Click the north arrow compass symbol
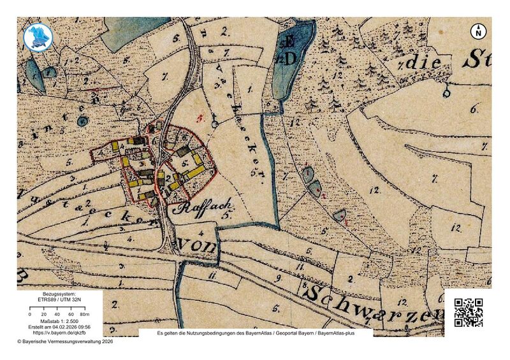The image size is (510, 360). coord(479,31)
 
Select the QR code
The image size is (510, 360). coord(468,312)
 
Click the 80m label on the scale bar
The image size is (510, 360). coord(72,315)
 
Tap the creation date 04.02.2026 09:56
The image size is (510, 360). coord(71,326)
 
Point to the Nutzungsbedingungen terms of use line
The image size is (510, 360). coord(255,333)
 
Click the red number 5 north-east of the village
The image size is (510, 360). coord(200,118)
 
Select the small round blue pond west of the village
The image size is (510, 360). coord(82,120)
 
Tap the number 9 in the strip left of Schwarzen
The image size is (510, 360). coord(278,278)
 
